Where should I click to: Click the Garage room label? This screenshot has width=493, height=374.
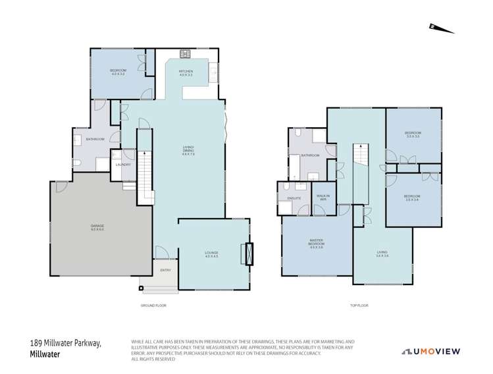97,227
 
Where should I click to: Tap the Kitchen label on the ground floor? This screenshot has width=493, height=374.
186,73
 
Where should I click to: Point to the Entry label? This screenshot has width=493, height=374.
165,270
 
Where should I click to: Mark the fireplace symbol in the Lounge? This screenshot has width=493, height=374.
248,254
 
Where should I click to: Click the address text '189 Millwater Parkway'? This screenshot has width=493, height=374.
65,343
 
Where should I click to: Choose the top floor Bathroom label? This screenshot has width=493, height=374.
310,155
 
